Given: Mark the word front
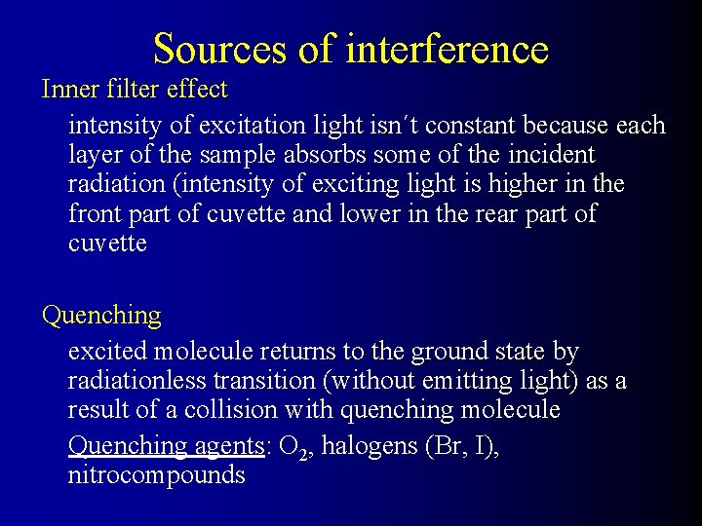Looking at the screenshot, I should pos(94,213).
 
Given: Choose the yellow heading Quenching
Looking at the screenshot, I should pos(101,316).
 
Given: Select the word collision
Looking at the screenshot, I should pos(253,409).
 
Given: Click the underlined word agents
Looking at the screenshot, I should pos(229,446).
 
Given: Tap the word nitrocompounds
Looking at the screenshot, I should pos(157,475).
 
